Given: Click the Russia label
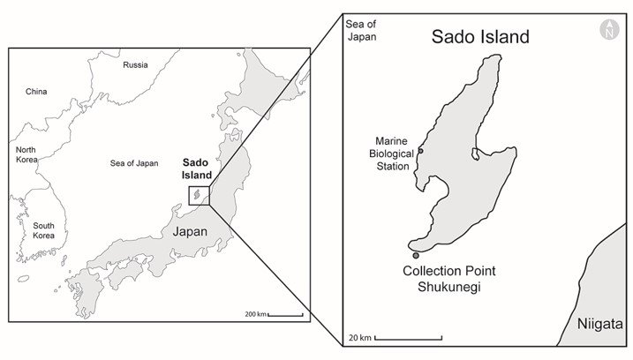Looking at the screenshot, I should tap(135, 64).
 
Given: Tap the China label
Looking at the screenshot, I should tap(36, 91).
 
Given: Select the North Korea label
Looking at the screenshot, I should tap(26, 155).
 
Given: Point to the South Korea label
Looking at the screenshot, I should tap(44, 230).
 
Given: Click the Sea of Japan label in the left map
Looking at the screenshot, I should tap(134, 163).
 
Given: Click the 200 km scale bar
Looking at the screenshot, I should tap(285, 314).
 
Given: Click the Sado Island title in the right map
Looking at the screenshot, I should tap(479, 37).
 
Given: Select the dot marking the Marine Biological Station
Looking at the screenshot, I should tap(420, 151).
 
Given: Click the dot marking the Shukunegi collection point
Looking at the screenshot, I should tap(416, 256).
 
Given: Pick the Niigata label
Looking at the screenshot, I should tap(600, 323).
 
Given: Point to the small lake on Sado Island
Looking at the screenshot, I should tap(475, 154).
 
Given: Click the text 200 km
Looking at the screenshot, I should tap(255, 314).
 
